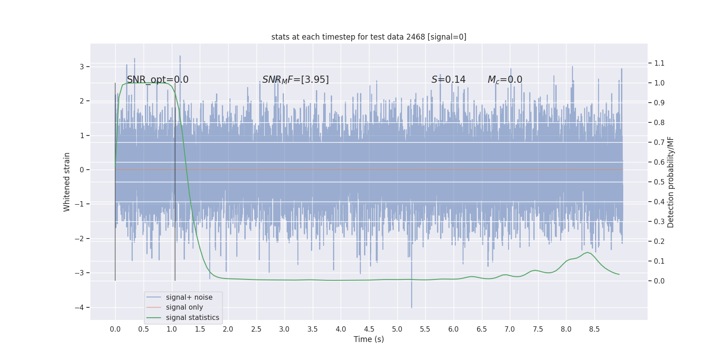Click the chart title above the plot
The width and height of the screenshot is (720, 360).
coord(369,37)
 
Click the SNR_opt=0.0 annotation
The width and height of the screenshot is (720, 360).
coord(157,80)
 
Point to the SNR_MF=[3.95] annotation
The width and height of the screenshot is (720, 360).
coord(295,80)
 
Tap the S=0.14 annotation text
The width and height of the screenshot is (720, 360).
coord(448,80)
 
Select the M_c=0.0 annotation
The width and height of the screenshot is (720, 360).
coord(505,80)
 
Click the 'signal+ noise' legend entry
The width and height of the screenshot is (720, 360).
coord(189,297)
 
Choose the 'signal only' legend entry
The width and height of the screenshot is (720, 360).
coord(184,307)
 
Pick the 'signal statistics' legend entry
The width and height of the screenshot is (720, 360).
coord(192,318)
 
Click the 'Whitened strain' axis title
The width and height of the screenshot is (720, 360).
coord(67,182)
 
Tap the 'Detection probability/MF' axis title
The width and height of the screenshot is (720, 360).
coord(670,182)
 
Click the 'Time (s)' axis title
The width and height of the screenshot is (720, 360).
coord(369,339)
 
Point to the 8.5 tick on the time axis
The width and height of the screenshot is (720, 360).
coord(594,329)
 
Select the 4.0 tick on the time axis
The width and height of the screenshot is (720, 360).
coord(341,329)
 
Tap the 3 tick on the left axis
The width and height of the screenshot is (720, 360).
coord(82,67)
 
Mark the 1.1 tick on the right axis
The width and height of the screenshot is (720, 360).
coord(659,63)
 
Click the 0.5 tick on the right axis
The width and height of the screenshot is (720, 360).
coord(659,182)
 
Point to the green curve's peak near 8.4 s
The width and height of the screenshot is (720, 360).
coord(587,252)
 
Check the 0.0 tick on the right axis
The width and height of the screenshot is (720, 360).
coord(659,281)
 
